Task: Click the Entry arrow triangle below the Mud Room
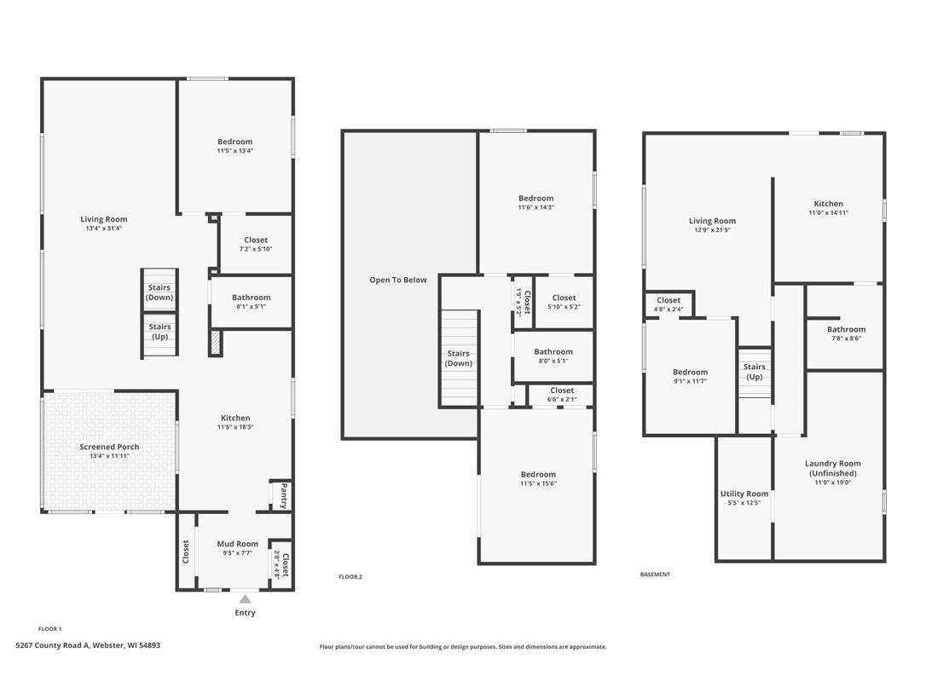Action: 245,599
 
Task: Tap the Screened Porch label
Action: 109,447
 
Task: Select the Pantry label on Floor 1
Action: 284,495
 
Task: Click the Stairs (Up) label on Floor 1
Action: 159,332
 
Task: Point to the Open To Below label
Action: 398,280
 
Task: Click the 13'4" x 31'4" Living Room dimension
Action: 104,228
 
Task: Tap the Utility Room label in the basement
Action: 744,494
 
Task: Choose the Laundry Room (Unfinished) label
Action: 833,468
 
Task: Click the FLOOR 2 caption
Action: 350,576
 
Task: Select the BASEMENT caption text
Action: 655,574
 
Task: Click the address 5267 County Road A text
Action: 53,645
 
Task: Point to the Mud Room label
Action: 237,544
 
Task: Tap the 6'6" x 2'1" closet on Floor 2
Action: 562,395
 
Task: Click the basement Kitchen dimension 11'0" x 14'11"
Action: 828,212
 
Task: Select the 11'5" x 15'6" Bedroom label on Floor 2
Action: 538,478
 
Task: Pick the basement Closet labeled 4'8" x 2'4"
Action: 668,304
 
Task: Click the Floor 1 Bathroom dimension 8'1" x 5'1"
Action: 251,307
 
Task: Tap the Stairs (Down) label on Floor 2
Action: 458,359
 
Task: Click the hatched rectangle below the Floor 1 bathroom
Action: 216,343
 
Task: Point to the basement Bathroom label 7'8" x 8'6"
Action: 846,333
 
